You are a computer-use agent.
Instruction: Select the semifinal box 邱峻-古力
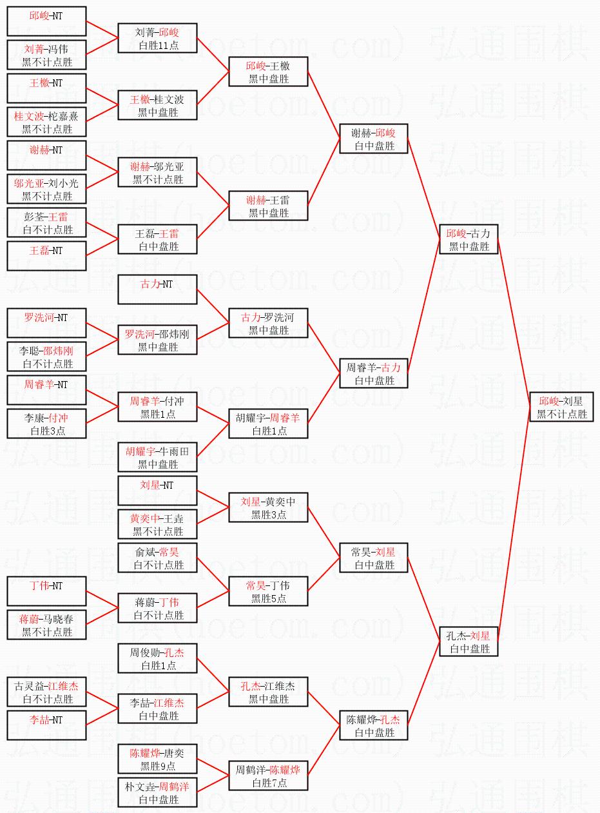469,239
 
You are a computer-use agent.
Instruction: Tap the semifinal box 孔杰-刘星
469,642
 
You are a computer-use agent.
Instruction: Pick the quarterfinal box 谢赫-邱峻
374,139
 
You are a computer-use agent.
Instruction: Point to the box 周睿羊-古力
374,373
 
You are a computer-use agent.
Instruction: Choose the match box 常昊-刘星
374,558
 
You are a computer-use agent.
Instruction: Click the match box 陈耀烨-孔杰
374,725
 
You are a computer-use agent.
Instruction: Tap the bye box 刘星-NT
157,491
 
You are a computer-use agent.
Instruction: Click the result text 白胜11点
157,45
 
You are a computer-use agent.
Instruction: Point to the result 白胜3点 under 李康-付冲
46,431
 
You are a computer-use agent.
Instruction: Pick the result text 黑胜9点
157,766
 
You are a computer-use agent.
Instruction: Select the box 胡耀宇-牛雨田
157,457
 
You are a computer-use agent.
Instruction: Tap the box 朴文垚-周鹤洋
157,792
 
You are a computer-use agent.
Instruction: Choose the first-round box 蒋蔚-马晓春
46,625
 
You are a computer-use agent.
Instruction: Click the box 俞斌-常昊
157,558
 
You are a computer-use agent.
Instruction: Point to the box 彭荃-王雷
46,222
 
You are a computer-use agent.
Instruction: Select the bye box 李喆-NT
46,725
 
